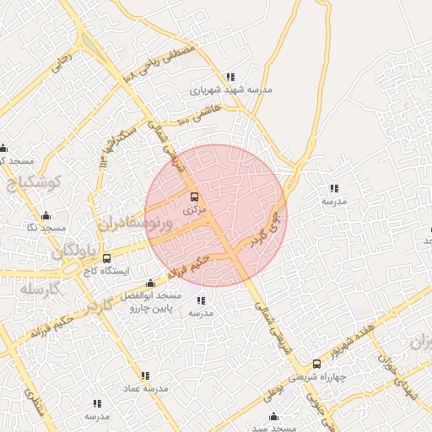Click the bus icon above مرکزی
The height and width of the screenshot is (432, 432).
(x=195, y=197)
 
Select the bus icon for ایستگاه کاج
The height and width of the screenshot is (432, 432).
(x=106, y=259)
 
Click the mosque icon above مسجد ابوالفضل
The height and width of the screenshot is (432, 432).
(x=150, y=283)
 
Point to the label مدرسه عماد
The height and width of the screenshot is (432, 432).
(x=147, y=388)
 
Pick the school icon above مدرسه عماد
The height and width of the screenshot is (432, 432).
(x=146, y=375)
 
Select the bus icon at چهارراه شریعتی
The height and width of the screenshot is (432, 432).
(x=316, y=364)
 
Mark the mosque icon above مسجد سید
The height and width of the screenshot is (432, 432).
(x=273, y=416)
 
